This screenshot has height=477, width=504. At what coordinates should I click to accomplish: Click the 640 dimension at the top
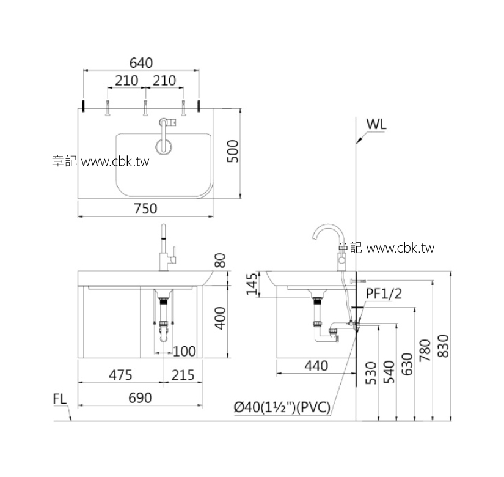(141, 63)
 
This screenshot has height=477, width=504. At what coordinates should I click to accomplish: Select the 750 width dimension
(145, 209)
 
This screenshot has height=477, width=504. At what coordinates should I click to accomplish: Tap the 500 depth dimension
(233, 151)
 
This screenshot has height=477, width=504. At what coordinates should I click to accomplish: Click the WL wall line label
(376, 124)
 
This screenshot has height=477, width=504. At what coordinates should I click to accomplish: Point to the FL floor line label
(60, 399)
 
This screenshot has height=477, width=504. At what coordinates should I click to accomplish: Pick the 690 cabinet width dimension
(140, 398)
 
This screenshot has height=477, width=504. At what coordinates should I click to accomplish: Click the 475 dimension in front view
(120, 375)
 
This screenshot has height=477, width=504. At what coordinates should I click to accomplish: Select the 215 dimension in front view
(183, 375)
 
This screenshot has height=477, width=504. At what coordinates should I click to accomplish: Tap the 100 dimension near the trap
(184, 352)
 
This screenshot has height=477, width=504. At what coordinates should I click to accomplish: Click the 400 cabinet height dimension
(221, 318)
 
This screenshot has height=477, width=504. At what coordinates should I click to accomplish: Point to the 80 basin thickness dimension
(221, 261)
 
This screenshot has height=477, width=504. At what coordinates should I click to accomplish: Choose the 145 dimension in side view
(252, 284)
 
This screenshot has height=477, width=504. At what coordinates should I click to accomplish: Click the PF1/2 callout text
(384, 294)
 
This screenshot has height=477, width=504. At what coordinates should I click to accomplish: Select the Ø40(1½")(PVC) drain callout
(282, 407)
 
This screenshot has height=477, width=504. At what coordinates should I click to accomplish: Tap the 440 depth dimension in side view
(316, 366)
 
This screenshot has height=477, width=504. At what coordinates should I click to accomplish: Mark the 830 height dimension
(444, 346)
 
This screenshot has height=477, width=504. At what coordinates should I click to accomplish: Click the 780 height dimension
(425, 350)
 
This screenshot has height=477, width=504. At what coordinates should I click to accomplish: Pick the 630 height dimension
(407, 364)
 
